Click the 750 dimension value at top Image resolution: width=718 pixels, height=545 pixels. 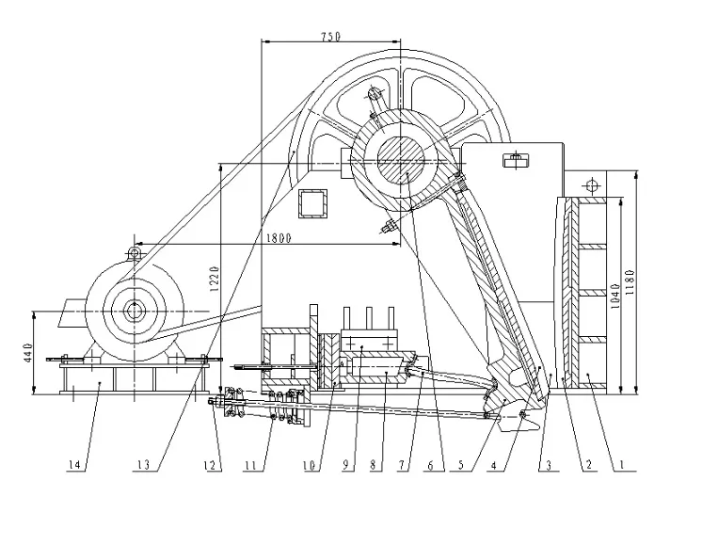click(330, 36)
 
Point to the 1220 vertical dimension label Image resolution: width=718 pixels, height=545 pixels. click(214, 276)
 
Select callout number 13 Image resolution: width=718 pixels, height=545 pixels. click(143, 464)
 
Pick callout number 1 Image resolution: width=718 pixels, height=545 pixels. click(621, 464)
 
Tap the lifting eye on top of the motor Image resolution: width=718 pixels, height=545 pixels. click(135, 251)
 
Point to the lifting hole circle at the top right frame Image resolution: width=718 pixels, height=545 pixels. click(591, 182)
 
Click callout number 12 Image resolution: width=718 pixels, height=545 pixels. click(213, 464)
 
